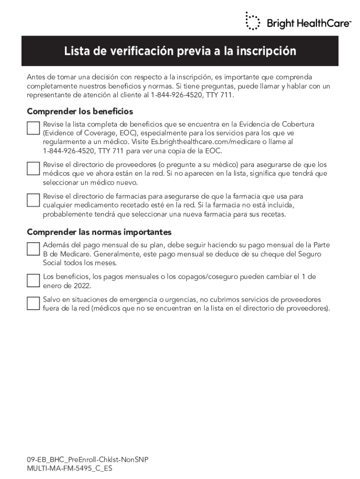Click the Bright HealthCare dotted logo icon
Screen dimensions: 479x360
click(x=252, y=21)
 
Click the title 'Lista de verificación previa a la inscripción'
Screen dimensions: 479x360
click(x=180, y=51)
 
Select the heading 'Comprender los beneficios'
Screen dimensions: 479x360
click(x=80, y=111)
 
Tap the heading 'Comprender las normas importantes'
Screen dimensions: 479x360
click(x=99, y=232)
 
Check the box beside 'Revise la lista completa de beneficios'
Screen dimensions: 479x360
click(x=33, y=128)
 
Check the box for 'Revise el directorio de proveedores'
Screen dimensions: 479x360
click(x=33, y=168)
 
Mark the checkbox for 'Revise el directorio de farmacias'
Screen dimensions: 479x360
click(x=33, y=200)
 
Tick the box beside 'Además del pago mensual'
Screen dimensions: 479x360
click(x=33, y=249)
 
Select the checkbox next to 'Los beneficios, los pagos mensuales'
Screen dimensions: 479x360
click(x=33, y=280)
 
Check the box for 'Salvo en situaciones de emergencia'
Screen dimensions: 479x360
click(x=33, y=303)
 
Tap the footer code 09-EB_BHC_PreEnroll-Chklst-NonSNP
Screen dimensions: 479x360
click(x=87, y=460)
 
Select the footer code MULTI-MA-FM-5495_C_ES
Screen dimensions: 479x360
click(x=70, y=468)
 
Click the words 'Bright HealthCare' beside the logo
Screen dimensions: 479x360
click(x=309, y=23)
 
